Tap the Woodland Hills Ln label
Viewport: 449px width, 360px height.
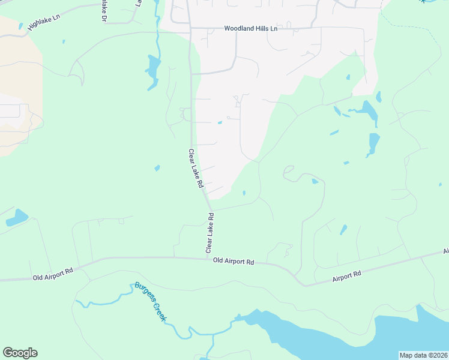pos(251,28)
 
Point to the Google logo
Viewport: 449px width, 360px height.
pos(20,353)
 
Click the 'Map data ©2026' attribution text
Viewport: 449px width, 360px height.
pos(423,355)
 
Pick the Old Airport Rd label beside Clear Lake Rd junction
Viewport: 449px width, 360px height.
pos(234,262)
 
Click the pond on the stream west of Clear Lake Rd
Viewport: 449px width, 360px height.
pos(153,66)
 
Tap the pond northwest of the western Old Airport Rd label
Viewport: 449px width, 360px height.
pos(17,217)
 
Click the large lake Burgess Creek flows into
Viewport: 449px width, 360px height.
pos(336,336)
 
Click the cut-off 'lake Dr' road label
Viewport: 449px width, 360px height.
pos(103,11)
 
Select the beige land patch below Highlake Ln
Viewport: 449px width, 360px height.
pos(21,84)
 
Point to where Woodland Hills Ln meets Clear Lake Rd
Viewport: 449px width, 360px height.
pos(190,28)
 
